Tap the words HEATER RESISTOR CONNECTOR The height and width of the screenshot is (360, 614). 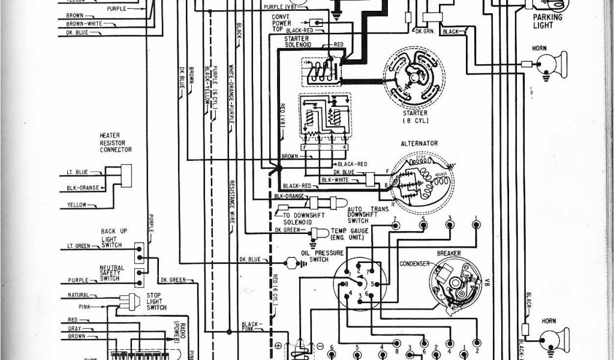point(116,142)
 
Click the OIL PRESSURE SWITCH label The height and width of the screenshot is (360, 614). point(318,256)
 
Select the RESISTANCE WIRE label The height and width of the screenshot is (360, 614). point(231,202)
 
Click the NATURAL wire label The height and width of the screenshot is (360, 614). point(78,295)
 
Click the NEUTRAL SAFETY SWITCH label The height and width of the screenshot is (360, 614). point(112,273)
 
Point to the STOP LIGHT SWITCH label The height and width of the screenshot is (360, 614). point(156,302)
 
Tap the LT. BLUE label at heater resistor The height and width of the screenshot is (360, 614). point(77,172)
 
